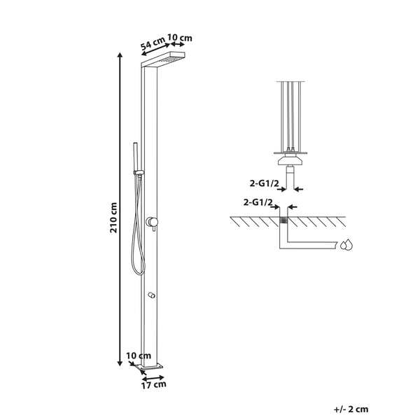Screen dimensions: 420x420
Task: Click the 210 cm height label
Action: (113, 218)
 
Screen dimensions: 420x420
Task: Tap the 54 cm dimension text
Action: (153, 43)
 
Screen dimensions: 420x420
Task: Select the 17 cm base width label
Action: (153, 384)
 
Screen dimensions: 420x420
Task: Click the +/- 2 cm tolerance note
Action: (351, 409)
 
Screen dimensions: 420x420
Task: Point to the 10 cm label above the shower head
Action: (180, 38)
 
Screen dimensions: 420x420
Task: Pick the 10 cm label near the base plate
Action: (139, 356)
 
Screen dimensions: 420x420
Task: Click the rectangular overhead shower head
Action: (163, 59)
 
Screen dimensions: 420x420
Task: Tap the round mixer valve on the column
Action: (152, 223)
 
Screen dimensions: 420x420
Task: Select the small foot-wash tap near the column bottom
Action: (151, 295)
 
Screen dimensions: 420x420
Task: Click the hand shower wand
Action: (136, 157)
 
